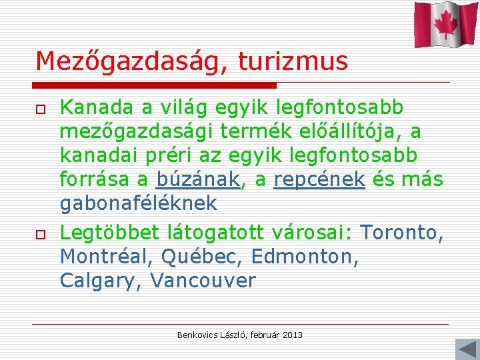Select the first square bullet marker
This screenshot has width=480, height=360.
[x=40, y=109]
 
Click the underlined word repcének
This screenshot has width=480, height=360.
[x=319, y=179]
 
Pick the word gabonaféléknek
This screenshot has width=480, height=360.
[x=139, y=203]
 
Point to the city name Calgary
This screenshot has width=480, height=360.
[x=99, y=281]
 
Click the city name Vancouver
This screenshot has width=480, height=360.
[x=203, y=281]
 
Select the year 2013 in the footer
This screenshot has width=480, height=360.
[x=292, y=335]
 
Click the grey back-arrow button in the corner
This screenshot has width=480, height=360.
[x=465, y=349]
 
